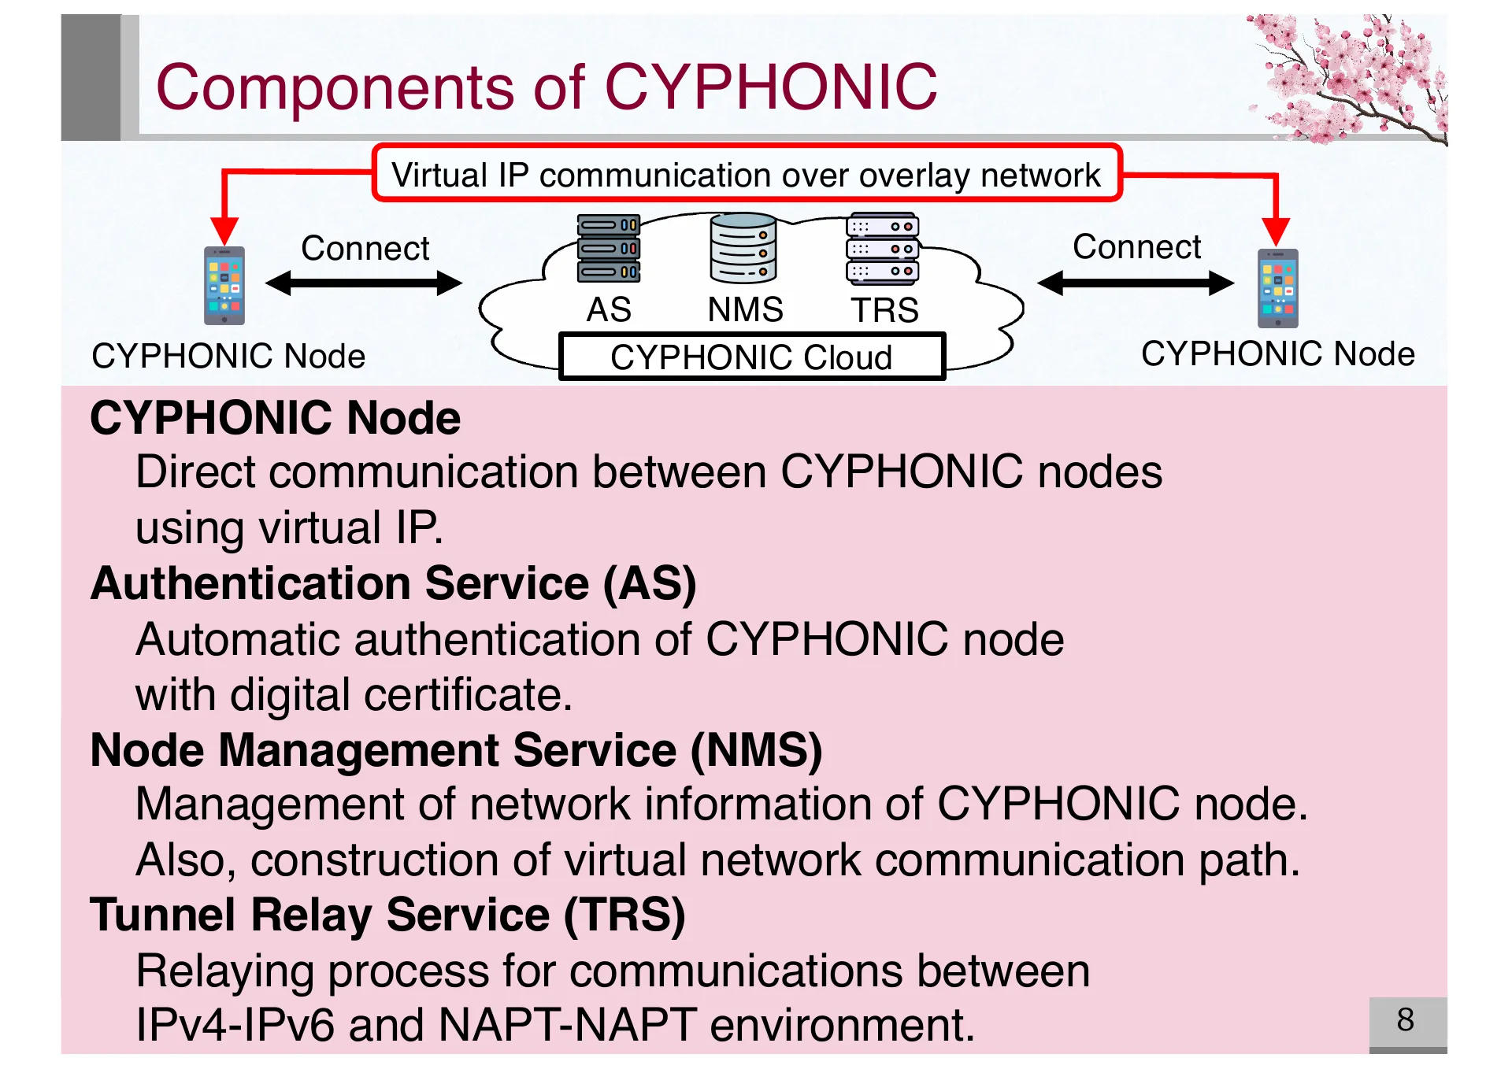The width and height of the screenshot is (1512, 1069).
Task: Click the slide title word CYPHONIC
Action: [770, 87]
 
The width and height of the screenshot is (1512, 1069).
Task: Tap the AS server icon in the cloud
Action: [608, 248]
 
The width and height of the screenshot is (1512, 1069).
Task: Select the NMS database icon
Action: [743, 248]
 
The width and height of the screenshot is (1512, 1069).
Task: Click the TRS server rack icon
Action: [882, 248]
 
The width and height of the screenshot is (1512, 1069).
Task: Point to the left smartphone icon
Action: [224, 285]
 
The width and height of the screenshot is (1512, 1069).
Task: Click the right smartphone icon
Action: [1277, 287]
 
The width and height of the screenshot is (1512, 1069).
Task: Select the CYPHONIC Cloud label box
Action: [751, 357]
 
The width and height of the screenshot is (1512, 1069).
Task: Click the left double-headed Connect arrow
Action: [364, 283]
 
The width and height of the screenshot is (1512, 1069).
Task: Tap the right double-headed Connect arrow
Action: [1135, 282]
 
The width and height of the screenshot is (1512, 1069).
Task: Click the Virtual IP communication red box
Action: [746, 174]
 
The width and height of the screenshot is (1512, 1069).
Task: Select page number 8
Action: [1406, 1020]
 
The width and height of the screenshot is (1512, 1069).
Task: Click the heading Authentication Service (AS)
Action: [393, 583]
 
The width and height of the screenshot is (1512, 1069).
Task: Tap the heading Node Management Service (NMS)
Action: [456, 749]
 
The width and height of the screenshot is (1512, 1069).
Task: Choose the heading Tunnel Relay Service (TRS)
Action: [387, 915]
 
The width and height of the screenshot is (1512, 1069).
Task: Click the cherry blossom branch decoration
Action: [1351, 79]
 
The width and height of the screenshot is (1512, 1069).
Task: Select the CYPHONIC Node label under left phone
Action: [228, 356]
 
